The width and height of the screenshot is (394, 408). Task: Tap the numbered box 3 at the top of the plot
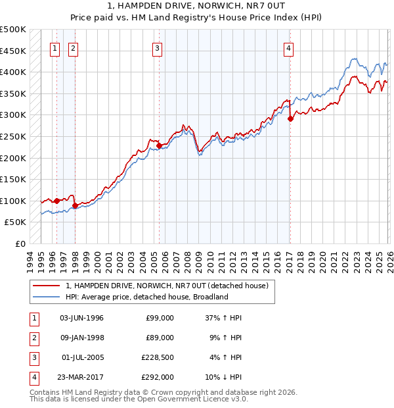click(158, 47)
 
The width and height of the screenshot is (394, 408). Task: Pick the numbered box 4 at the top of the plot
click(289, 47)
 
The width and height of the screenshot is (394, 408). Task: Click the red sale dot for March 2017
click(290, 119)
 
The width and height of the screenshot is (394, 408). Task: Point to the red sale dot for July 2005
click(160, 146)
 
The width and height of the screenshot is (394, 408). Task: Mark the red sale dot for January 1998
click(75, 205)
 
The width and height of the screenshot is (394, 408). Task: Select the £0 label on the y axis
click(20, 243)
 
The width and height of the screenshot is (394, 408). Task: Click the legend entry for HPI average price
click(146, 297)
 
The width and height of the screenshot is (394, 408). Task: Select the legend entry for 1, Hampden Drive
click(167, 286)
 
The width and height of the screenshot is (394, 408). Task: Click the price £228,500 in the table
click(158, 357)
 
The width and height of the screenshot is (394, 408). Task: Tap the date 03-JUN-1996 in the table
click(81, 318)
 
